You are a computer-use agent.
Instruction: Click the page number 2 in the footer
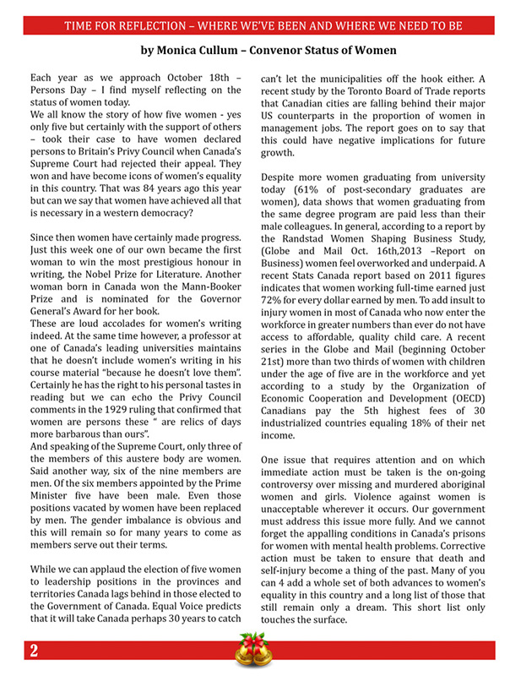pos(32,651)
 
